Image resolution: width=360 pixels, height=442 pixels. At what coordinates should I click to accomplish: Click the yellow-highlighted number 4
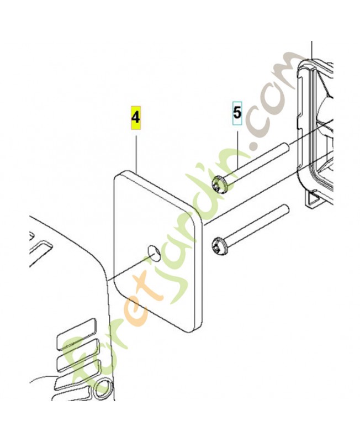pyautogui.click(x=135, y=117)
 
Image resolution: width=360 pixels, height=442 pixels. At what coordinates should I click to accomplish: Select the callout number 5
pyautogui.click(x=237, y=113)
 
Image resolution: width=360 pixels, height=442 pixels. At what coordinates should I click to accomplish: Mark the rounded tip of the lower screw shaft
pyautogui.click(x=285, y=208)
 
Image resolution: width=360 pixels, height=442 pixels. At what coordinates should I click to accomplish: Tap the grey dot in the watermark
pyautogui.click(x=255, y=145)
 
